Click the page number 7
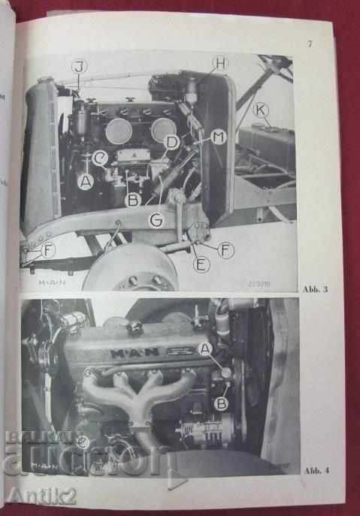(x=310, y=43)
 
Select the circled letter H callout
(x=219, y=64)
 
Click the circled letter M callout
(x=218, y=137)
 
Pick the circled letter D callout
(x=172, y=140)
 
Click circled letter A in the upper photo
(x=86, y=180)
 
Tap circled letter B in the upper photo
(x=132, y=199)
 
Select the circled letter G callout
(x=156, y=220)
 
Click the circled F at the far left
(x=48, y=250)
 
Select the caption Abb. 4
(x=313, y=471)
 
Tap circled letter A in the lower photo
(x=207, y=348)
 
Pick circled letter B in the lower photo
(x=222, y=403)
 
